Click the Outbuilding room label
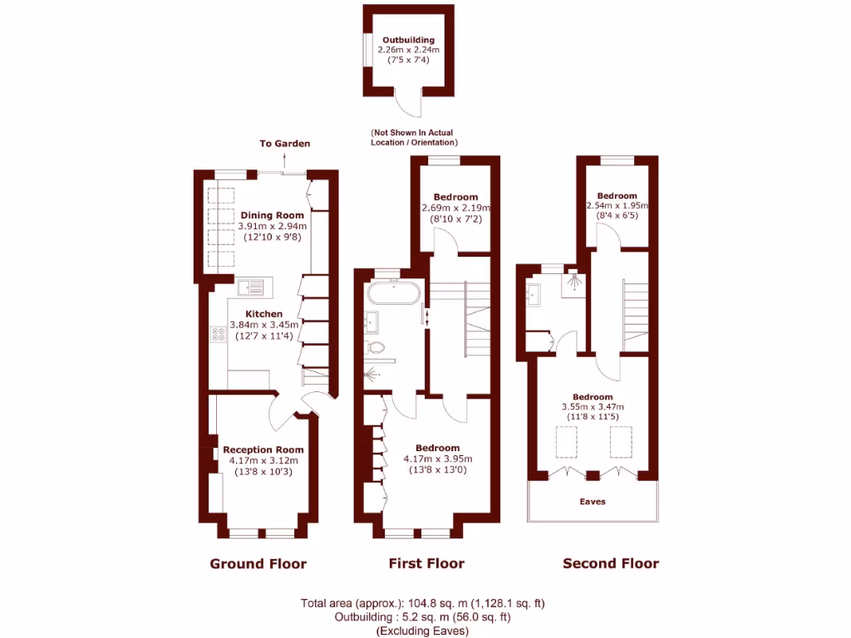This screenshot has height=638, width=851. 408,40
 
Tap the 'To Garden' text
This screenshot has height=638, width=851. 284,144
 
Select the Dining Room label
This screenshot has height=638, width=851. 272,215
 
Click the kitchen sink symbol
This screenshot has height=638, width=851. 250,288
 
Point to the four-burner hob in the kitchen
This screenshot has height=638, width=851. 219,335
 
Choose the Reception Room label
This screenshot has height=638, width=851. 263,449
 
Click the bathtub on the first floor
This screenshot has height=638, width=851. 394,293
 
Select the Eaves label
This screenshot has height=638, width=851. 593,502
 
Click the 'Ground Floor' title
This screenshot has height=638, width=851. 258,564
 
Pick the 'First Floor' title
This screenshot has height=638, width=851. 426,564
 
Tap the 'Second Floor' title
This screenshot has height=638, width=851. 611,564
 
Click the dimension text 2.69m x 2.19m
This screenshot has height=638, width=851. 455,208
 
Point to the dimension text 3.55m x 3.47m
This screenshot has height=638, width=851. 593,407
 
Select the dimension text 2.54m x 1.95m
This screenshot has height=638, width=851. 617,206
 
